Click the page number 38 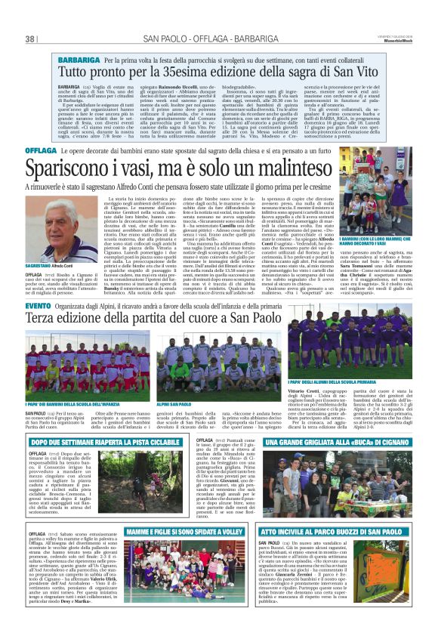(x=31, y=39)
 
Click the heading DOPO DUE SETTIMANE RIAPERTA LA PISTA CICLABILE (x=94, y=440)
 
